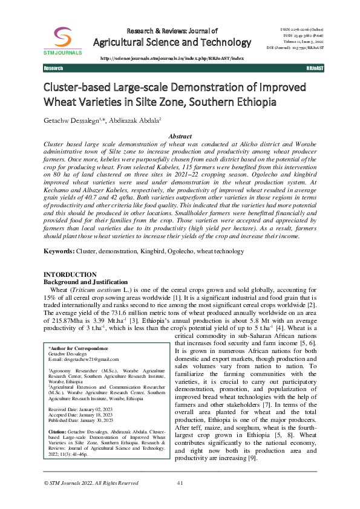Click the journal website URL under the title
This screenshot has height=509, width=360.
pos(171,59)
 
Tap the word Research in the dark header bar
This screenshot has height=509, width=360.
pos(53,69)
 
